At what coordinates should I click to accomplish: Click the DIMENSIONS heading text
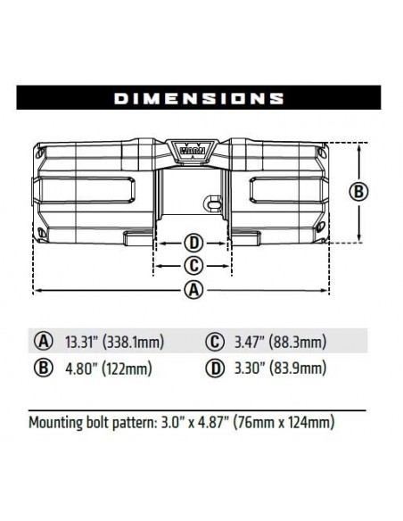[201, 97]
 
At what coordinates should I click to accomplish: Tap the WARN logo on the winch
[193, 153]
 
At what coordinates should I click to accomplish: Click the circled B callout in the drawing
[358, 191]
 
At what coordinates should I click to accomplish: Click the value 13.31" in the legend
[83, 342]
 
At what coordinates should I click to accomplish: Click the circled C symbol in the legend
[214, 342]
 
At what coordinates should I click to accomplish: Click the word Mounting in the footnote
[57, 421]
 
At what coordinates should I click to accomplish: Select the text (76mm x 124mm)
[285, 421]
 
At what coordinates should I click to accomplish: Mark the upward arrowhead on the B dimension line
[358, 145]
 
